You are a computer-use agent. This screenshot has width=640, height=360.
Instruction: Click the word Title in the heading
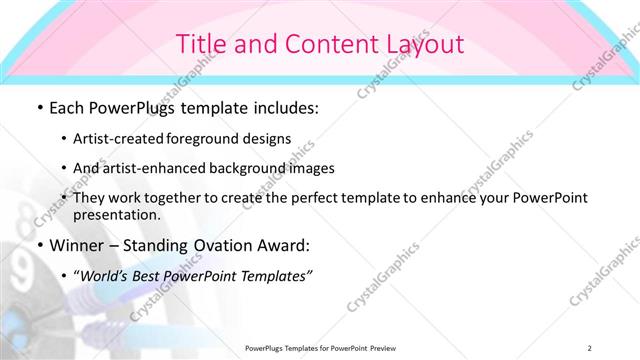point(200,43)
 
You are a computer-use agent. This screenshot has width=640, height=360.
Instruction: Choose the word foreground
point(217,138)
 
